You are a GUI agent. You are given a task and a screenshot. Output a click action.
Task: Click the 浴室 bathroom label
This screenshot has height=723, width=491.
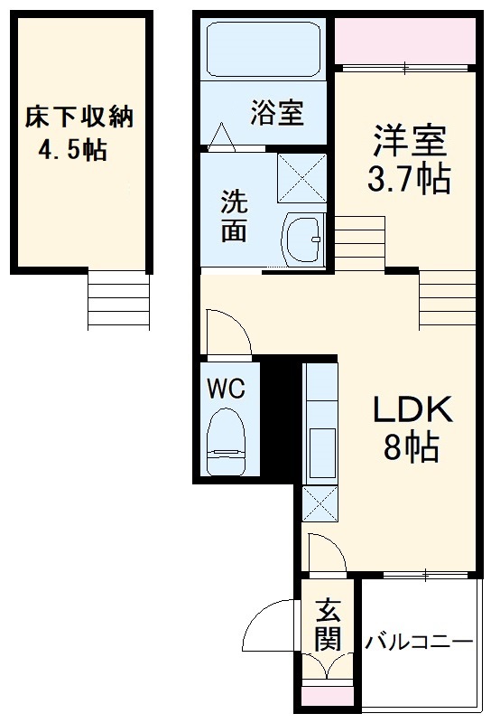[277, 114]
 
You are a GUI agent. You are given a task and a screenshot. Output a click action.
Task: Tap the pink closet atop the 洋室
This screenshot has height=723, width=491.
[405, 41]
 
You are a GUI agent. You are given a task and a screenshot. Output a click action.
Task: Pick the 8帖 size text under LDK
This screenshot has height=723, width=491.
[412, 447]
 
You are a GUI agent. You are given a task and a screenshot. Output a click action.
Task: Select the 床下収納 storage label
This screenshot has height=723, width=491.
[79, 117]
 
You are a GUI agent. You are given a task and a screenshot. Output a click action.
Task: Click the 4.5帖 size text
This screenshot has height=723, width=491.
[72, 149]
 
